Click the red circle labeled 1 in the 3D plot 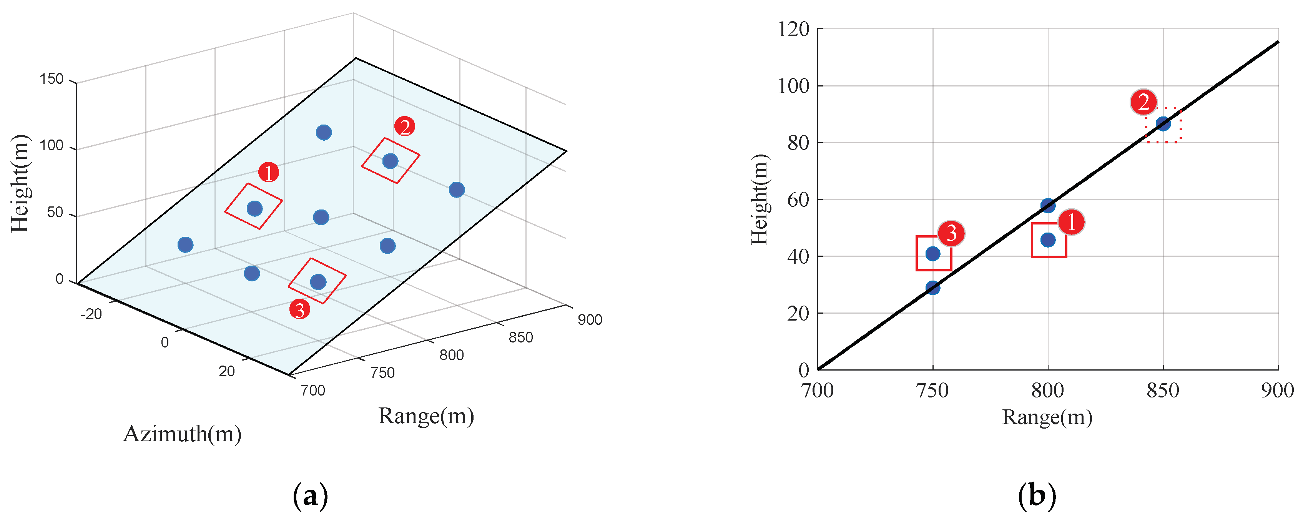pos(269,173)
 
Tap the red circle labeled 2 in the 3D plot pos(405,126)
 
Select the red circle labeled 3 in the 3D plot pos(299,309)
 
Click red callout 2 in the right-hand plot pos(1143,102)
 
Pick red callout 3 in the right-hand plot pos(951,233)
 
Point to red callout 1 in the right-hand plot pos(1071,222)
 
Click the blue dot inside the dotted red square pos(1163,124)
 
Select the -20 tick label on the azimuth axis pos(91,314)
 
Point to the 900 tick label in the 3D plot pos(590,320)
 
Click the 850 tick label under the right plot pos(1163,391)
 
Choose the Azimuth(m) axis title pos(183,434)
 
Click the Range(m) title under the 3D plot pos(426,416)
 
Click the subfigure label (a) pos(310,496)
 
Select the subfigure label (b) pos(1037,496)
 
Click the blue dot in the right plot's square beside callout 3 pos(933,254)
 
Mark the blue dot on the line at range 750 pos(933,288)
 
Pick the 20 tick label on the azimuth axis pos(227,371)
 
